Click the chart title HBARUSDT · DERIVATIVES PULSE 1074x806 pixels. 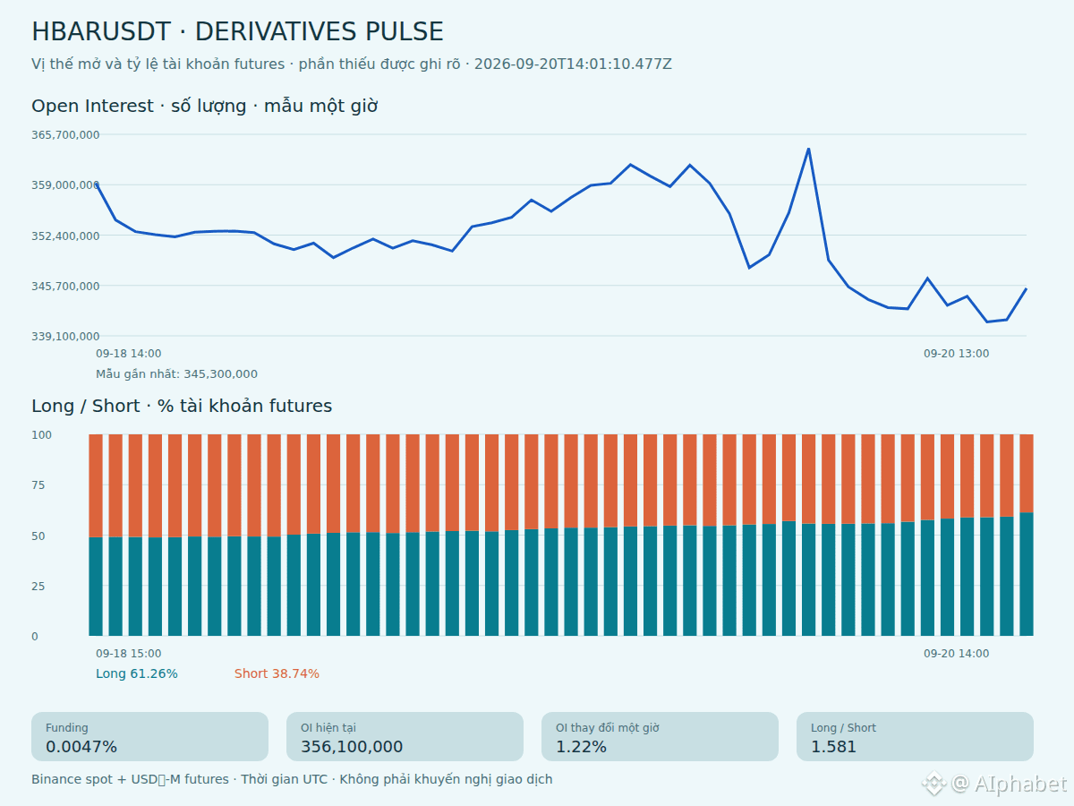point(237,31)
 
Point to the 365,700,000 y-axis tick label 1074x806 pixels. point(65,134)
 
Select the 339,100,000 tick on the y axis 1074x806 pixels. point(65,336)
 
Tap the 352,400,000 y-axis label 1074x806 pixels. point(65,236)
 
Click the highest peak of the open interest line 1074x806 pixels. point(808,149)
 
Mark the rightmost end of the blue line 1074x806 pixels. point(1026,289)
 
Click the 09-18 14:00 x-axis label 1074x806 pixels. point(128,354)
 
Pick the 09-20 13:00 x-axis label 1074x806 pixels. point(956,354)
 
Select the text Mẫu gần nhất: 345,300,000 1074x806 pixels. point(176,373)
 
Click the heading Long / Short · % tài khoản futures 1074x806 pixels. point(182,407)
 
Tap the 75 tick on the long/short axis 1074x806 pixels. point(38,485)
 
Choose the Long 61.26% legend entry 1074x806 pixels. point(137,673)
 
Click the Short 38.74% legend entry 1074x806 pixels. point(277,673)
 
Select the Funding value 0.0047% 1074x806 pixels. point(81,747)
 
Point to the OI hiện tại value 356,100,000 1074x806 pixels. point(352,747)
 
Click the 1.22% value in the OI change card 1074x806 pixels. point(581,747)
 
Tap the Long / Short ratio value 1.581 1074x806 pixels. point(833,747)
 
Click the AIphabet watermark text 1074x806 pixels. point(1019,784)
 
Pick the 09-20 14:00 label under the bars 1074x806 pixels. point(956,654)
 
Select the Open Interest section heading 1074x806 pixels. point(205,107)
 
